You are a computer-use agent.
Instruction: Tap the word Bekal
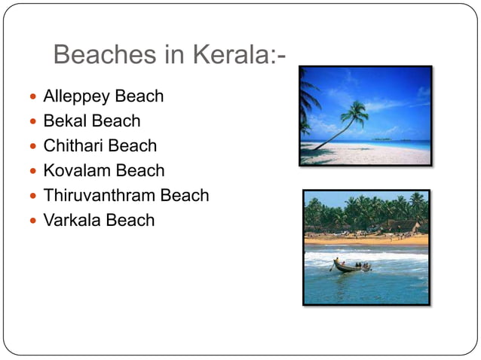point(65,121)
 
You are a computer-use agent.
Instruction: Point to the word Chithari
point(73,145)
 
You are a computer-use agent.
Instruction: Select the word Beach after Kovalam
point(140,170)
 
